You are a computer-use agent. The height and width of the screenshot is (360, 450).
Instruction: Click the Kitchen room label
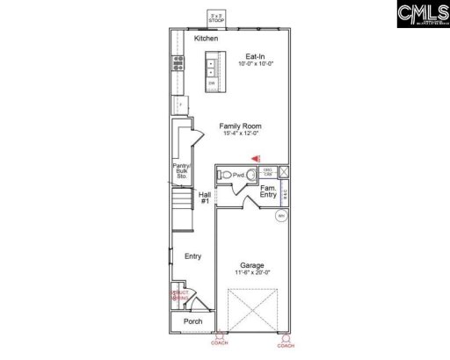[207, 39]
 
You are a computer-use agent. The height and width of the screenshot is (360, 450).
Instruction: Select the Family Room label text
[240, 126]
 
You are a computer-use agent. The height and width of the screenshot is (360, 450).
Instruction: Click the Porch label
[192, 321]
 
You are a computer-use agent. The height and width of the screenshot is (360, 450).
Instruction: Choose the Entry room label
[192, 256]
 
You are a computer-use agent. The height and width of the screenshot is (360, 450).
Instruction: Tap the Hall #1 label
[204, 198]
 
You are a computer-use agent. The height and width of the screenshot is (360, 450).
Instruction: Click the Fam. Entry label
[269, 192]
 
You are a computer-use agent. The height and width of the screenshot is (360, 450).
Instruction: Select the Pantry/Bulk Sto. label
[183, 170]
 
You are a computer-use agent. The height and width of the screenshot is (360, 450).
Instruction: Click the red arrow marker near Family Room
[257, 157]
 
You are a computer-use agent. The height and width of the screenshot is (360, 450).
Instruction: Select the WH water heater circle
[281, 215]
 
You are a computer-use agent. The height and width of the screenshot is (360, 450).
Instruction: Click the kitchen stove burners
[178, 63]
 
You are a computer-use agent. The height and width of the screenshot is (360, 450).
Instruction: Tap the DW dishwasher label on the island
[212, 83]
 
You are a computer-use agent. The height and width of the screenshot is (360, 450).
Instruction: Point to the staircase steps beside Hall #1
[182, 211]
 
